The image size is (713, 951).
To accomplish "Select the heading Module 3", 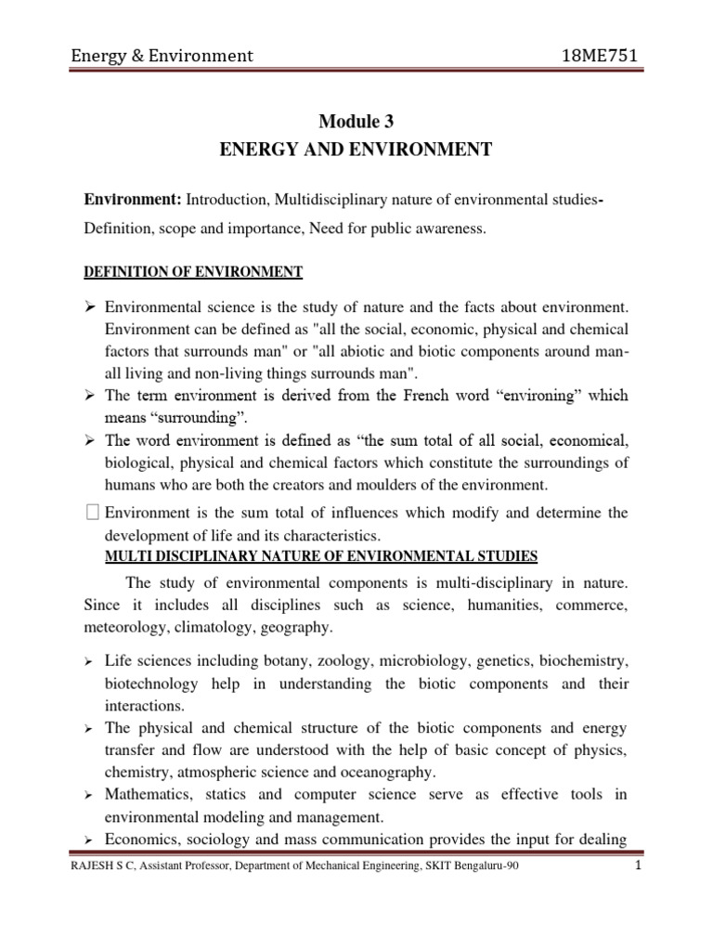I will (356, 121).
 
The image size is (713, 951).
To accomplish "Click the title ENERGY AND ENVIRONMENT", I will (356, 150).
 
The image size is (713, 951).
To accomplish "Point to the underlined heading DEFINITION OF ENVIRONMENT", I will (194, 271).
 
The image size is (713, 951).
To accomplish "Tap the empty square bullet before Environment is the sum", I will (91, 513).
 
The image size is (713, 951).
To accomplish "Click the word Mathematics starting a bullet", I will (148, 796).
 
